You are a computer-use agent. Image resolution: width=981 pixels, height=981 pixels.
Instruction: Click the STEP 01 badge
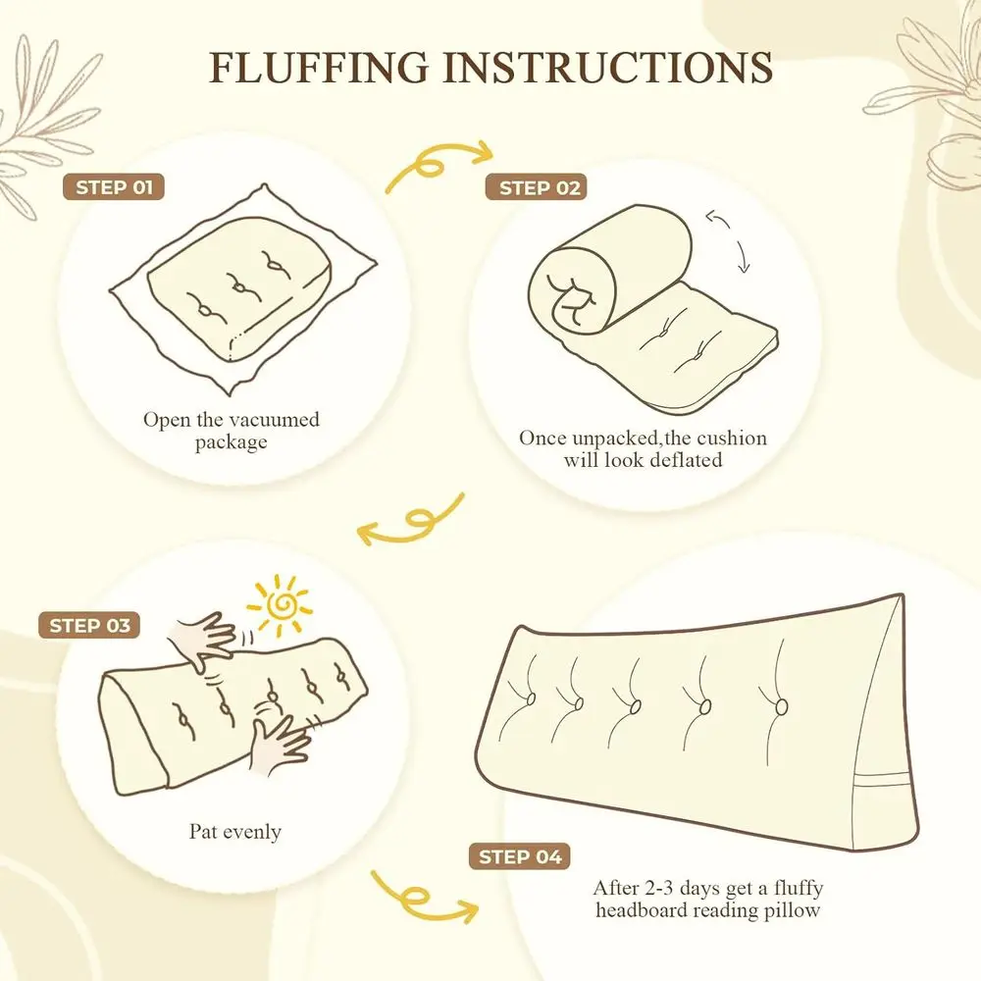[x=113, y=187]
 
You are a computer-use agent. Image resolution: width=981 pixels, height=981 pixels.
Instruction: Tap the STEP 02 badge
[x=537, y=187]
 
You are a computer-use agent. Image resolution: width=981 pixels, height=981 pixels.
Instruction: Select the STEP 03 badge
[x=89, y=625]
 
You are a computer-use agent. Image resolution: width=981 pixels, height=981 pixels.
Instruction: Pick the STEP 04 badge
[x=520, y=856]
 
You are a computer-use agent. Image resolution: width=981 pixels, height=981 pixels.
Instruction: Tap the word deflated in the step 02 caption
[x=686, y=460]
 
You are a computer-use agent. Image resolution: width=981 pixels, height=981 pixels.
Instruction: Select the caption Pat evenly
[x=235, y=832]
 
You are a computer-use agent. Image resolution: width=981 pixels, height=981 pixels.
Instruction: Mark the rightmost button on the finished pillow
[x=782, y=707]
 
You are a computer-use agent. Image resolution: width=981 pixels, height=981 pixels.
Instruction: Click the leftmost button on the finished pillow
[x=531, y=698]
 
